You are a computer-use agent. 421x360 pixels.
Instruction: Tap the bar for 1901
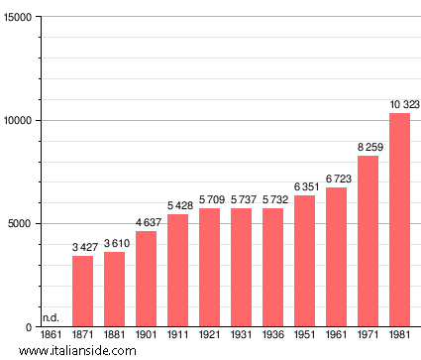147,279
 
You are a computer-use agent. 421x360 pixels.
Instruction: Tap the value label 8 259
369,147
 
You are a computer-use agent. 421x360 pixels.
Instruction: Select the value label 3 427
84,247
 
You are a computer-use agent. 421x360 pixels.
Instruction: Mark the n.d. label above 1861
51,317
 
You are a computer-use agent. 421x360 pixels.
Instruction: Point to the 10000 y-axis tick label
18,121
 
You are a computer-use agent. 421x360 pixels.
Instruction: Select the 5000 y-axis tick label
21,224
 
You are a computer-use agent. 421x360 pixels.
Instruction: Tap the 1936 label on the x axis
273,335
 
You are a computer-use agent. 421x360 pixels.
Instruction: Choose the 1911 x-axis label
178,335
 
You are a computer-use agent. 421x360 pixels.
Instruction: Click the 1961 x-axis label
337,335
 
